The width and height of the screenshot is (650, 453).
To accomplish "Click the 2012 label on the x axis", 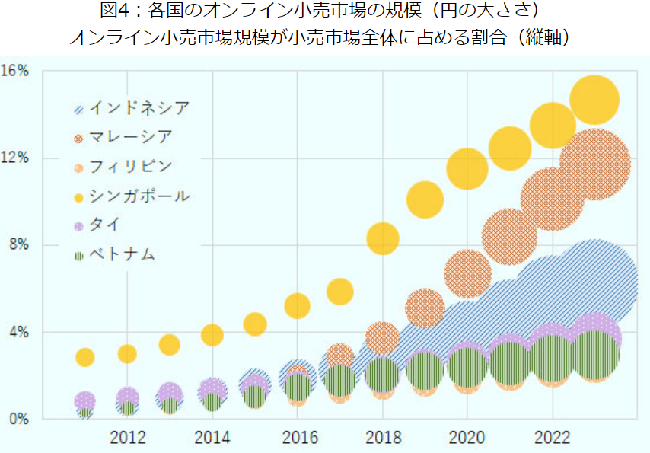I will coord(128,438).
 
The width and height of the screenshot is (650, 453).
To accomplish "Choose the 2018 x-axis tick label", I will coord(382,438).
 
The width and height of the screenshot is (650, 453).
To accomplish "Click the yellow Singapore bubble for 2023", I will coord(594,100).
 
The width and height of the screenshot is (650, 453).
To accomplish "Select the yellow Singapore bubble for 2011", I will coord(85,356).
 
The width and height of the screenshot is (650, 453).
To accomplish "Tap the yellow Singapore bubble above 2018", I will coord(382,238).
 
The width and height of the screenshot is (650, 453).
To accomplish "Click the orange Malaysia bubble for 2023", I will coord(594,164).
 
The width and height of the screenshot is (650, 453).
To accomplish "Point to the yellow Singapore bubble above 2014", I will coord(212,334).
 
